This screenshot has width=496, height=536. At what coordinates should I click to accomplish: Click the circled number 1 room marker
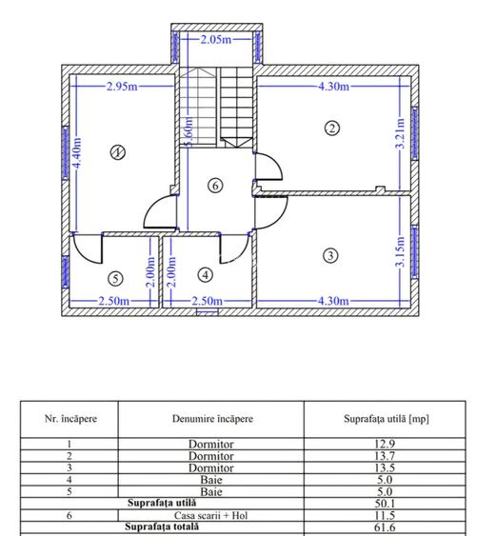[118, 152]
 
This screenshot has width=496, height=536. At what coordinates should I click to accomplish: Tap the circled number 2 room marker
[332, 129]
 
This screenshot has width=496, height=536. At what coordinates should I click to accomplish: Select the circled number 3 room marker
[330, 256]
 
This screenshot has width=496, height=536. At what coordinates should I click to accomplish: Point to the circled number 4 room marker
[206, 275]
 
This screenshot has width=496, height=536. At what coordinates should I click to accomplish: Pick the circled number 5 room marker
[115, 279]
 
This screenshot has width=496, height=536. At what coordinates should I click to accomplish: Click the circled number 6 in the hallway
[215, 186]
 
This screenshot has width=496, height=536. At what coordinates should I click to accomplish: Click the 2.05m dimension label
[216, 40]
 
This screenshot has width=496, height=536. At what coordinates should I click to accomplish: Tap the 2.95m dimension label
[122, 86]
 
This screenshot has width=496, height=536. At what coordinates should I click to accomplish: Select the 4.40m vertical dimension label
[77, 152]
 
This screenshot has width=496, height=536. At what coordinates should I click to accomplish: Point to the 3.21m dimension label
[400, 133]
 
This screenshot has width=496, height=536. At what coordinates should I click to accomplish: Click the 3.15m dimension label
[400, 251]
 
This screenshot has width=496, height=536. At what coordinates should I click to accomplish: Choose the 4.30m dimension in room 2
[334, 86]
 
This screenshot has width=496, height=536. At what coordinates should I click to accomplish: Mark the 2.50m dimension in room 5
[114, 301]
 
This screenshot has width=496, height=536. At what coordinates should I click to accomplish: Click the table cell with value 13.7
[385, 456]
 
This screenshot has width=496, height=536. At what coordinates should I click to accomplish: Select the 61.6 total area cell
[385, 527]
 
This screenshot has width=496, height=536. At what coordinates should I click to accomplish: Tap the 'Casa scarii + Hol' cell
[211, 515]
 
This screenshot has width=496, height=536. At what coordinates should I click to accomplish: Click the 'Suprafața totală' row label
[162, 526]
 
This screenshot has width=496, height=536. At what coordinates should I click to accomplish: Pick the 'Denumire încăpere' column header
[212, 419]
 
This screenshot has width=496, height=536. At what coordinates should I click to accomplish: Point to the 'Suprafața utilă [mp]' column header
[387, 419]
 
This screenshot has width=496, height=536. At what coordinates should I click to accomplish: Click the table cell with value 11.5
[385, 515]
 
